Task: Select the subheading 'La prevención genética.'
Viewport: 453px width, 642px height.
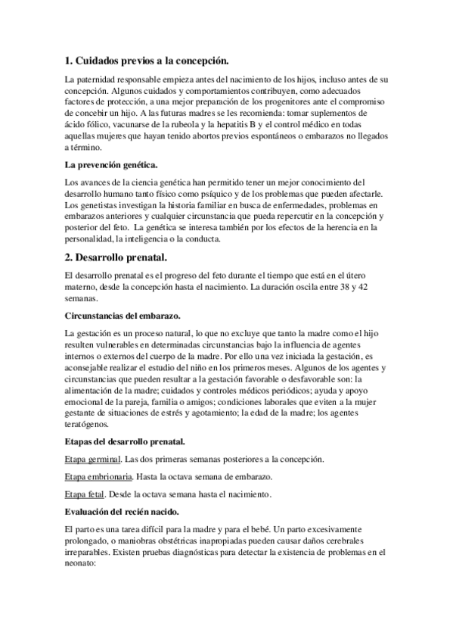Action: pyautogui.click(x=112, y=164)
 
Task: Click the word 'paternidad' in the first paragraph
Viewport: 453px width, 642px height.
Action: pyautogui.click(x=101, y=79)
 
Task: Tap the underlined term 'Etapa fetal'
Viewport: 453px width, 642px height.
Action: pyautogui.click(x=85, y=494)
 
